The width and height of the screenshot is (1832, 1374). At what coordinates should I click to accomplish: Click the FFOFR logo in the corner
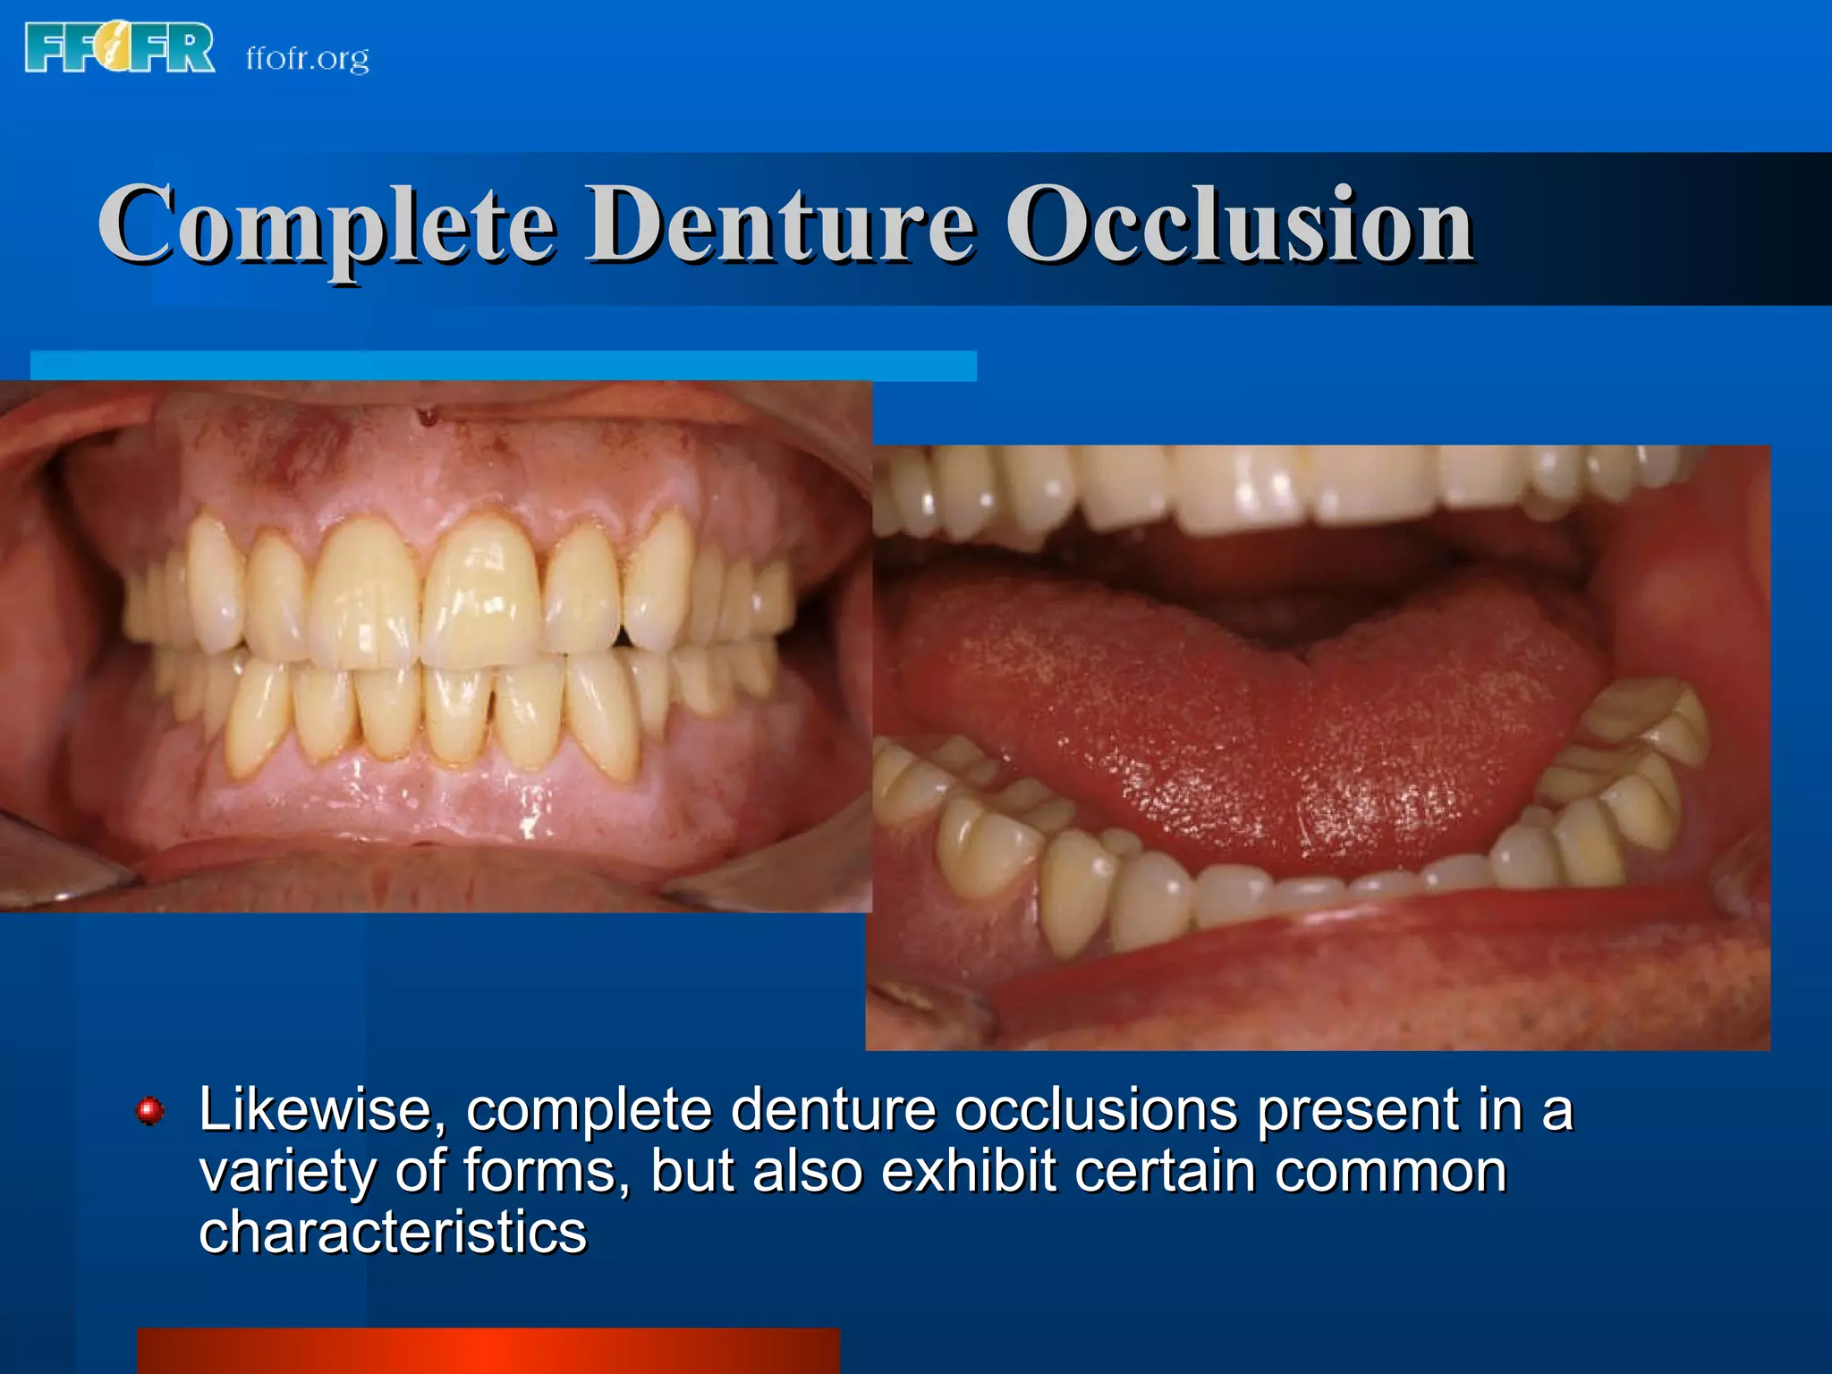coord(120,48)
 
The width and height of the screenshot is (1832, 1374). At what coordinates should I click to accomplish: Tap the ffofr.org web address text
coord(307,58)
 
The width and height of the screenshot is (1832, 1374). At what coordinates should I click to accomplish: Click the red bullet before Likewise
coord(149,1111)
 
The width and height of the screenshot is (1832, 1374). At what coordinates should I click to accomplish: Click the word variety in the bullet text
coord(287,1172)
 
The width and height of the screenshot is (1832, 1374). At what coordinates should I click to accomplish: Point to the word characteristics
coord(392,1233)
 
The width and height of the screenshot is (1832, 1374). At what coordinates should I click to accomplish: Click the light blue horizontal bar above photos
coord(503,366)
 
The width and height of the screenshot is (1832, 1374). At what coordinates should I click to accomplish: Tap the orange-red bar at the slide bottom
coord(488,1351)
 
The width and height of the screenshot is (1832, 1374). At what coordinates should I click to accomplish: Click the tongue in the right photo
coord(1252,734)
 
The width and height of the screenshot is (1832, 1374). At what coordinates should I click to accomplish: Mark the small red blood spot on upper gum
coord(428,415)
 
